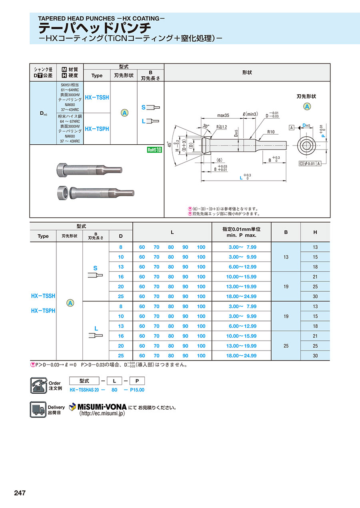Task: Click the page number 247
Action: pyautogui.click(x=20, y=493)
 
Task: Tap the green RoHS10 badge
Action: pyautogui.click(x=154, y=150)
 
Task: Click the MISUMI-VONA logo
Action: pyautogui.click(x=98, y=407)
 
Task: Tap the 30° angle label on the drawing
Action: pyautogui.click(x=206, y=126)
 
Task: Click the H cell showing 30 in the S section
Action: pyautogui.click(x=315, y=296)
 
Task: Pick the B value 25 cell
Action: pyautogui.click(x=286, y=346)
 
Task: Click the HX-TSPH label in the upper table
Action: pyautogui.click(x=97, y=129)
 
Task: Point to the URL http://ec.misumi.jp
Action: pyautogui.click(x=102, y=414)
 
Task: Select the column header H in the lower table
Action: pyautogui.click(x=315, y=232)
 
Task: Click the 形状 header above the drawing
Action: pyautogui.click(x=247, y=72)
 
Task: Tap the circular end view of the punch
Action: pyautogui.click(x=307, y=145)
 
